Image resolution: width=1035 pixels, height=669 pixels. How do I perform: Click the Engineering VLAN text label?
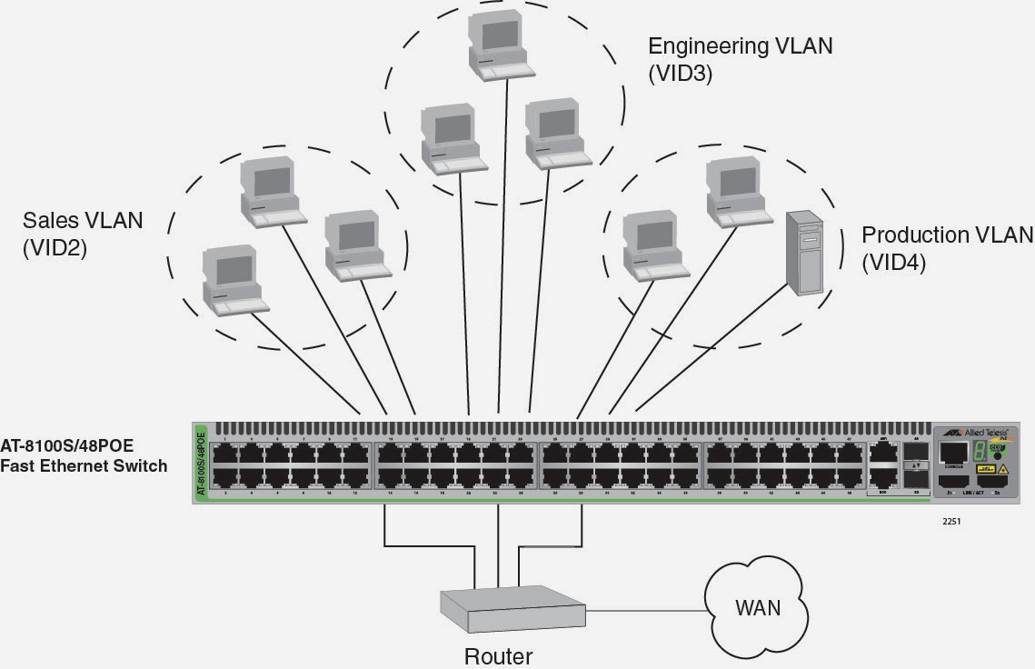(740, 46)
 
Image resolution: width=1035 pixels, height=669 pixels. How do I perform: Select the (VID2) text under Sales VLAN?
(55, 248)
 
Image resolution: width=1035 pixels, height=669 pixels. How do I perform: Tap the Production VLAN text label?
(947, 235)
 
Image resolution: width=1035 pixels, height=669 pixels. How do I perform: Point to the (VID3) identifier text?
(680, 75)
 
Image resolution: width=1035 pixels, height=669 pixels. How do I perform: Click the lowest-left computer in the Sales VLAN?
(232, 279)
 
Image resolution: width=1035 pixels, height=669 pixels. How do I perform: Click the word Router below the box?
(498, 655)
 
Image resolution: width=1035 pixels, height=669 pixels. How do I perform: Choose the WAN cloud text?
(757, 607)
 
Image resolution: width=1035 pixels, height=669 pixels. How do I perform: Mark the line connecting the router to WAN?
(643, 610)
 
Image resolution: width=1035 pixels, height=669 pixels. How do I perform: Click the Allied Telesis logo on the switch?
(977, 434)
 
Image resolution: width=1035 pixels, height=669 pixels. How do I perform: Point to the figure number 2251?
(951, 522)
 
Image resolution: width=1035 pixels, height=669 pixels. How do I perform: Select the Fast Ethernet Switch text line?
(84, 466)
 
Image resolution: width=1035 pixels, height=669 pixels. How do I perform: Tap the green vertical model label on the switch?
(201, 464)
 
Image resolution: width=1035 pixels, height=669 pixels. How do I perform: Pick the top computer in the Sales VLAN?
(271, 190)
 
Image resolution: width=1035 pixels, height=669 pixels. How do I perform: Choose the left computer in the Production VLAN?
(654, 246)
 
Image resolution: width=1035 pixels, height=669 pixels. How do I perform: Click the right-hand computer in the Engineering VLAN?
(555, 134)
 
